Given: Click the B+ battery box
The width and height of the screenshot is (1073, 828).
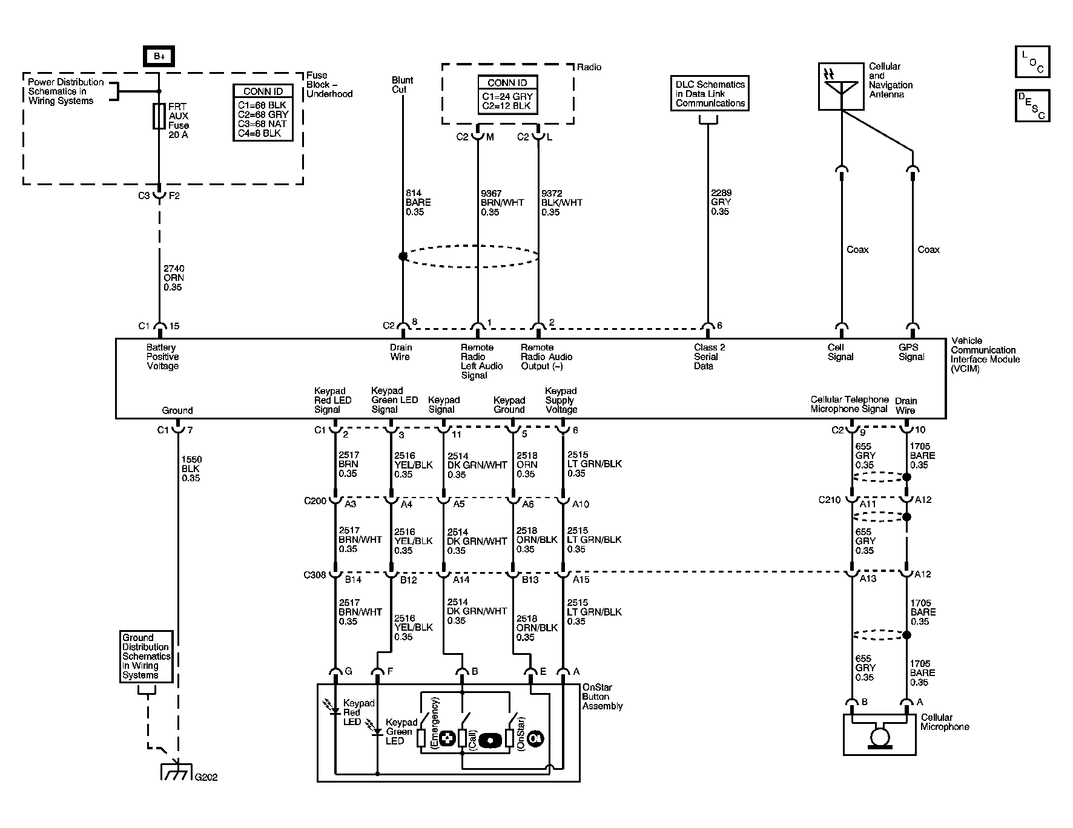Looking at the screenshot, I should pyautogui.click(x=159, y=56).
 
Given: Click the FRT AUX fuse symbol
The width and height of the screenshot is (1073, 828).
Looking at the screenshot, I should pyautogui.click(x=159, y=116).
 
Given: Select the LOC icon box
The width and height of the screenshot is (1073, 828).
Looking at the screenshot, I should pyautogui.click(x=1032, y=62).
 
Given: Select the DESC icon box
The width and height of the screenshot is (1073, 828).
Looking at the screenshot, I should pyautogui.click(x=1032, y=105).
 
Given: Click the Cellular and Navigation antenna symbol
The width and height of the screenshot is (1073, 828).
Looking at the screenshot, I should pyautogui.click(x=841, y=87).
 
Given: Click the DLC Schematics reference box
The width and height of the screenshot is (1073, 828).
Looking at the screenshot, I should pyautogui.click(x=710, y=94).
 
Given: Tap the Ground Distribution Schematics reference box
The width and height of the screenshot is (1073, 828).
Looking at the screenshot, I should pyautogui.click(x=146, y=657).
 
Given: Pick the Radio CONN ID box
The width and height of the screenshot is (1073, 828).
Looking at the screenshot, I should pyautogui.click(x=507, y=94).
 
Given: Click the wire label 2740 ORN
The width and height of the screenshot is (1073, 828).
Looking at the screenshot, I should pyautogui.click(x=174, y=278).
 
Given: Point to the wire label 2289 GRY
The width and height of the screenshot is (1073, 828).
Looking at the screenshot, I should pyautogui.click(x=721, y=202).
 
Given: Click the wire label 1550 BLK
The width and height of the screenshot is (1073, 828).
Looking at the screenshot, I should pyautogui.click(x=191, y=469).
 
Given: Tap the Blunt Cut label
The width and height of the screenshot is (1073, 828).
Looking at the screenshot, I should pyautogui.click(x=402, y=85).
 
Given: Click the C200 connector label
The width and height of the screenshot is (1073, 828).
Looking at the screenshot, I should pyautogui.click(x=315, y=501).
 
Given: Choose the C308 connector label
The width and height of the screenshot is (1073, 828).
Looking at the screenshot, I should pyautogui.click(x=315, y=575).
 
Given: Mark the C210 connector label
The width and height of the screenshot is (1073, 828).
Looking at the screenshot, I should pyautogui.click(x=830, y=500).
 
